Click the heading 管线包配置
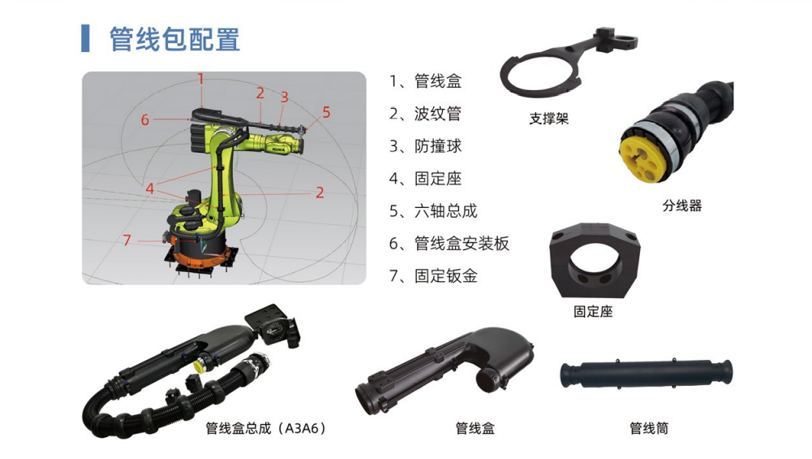[x=174, y=40]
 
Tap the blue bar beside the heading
[x=85, y=38]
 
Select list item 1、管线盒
[x=425, y=81]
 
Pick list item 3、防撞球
[x=425, y=146]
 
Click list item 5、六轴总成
[x=433, y=211]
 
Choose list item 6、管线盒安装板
[x=449, y=243]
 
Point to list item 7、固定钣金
[x=433, y=276]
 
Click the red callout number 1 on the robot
[x=201, y=79]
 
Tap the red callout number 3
[x=284, y=97]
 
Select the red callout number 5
[x=326, y=112]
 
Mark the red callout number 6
[x=145, y=119]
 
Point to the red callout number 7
[x=127, y=240]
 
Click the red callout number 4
[x=149, y=188]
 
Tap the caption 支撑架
[x=549, y=119]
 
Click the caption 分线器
[x=682, y=206]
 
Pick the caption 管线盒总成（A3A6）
[x=265, y=428]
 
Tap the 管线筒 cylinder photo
[x=647, y=375]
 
